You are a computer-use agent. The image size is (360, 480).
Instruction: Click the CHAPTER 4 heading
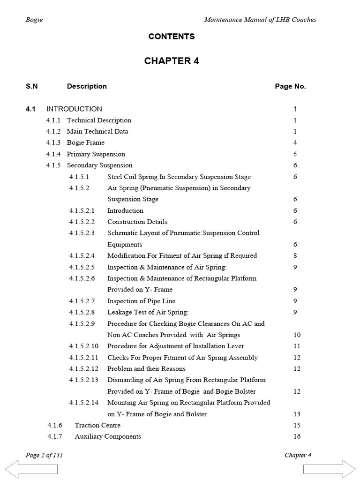tap(172, 61)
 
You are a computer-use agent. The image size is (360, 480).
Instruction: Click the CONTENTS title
tap(172, 37)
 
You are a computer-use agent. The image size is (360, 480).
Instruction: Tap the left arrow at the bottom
tap(31, 469)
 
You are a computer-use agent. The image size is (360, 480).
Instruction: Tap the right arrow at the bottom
tap(329, 469)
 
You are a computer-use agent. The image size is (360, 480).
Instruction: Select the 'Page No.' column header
tap(290, 86)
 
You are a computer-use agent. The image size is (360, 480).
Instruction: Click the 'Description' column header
tap(87, 86)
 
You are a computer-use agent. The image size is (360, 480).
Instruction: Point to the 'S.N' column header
tap(32, 86)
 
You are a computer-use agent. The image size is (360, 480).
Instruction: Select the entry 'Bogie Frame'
tap(86, 142)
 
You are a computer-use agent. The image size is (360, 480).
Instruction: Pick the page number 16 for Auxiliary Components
tap(296, 436)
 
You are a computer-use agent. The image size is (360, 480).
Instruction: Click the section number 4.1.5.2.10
tap(84, 346)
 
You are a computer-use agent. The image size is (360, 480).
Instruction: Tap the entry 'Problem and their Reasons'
tap(146, 368)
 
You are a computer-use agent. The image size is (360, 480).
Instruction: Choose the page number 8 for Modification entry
tap(295, 255)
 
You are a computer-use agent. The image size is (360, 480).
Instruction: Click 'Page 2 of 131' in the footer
tap(45, 455)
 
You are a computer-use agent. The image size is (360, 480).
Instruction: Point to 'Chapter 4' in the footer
tap(298, 455)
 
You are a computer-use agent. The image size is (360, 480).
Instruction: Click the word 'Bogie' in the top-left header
tap(34, 20)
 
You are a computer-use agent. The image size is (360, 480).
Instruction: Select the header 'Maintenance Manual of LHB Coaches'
tap(260, 20)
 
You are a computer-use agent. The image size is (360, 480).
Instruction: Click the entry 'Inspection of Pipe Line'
tap(141, 301)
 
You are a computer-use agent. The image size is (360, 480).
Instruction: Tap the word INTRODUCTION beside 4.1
tap(74, 109)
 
